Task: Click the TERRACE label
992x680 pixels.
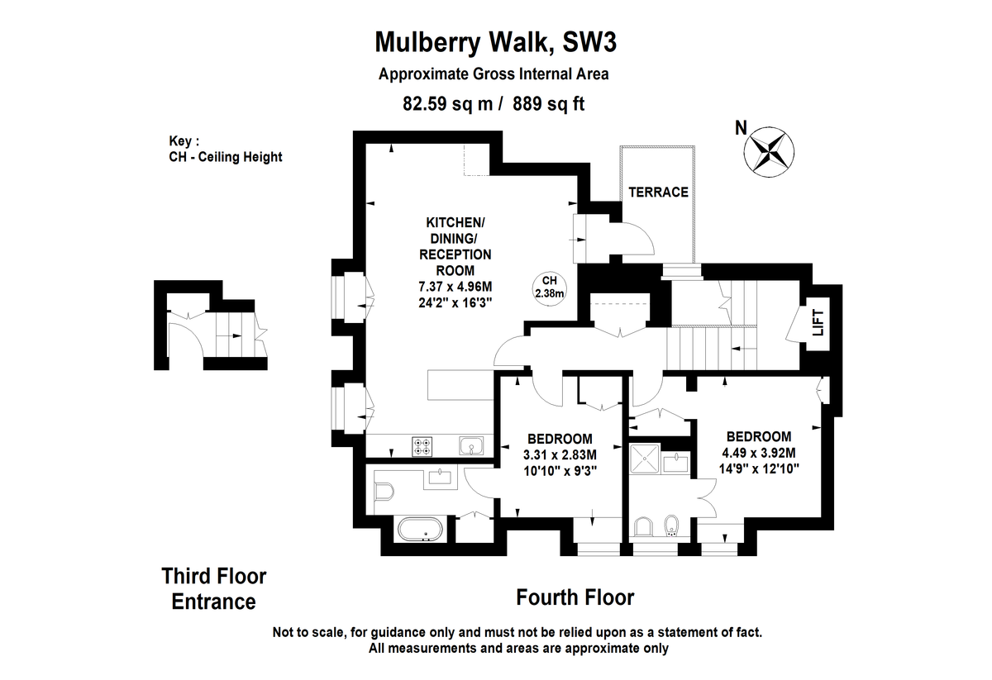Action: click(x=658, y=193)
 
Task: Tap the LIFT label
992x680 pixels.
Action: click(x=818, y=322)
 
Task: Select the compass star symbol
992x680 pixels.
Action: click(x=769, y=152)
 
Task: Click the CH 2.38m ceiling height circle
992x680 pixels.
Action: click(x=549, y=288)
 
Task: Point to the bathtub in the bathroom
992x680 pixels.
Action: click(x=420, y=529)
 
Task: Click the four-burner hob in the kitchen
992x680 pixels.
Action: click(x=422, y=446)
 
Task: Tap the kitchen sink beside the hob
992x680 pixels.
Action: click(x=471, y=445)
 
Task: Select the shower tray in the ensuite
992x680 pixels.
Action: click(x=645, y=459)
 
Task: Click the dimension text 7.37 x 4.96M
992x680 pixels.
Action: click(x=455, y=287)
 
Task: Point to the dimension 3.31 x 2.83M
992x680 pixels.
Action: click(x=560, y=454)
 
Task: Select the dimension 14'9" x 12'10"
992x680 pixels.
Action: click(x=759, y=468)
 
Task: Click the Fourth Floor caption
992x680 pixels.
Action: click(x=575, y=597)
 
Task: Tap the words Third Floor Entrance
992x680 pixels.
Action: click(x=214, y=589)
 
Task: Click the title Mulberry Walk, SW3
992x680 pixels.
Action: click(x=495, y=42)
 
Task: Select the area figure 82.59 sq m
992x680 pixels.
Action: click(x=447, y=104)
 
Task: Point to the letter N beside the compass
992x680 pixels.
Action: click(x=741, y=128)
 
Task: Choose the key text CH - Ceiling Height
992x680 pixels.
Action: click(x=226, y=157)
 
